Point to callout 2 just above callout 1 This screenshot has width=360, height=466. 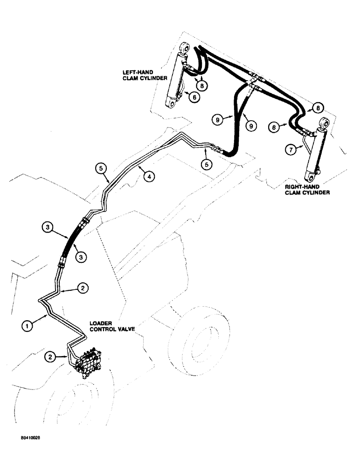(x=82, y=288)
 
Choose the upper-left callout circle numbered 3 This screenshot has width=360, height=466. (x=47, y=228)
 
